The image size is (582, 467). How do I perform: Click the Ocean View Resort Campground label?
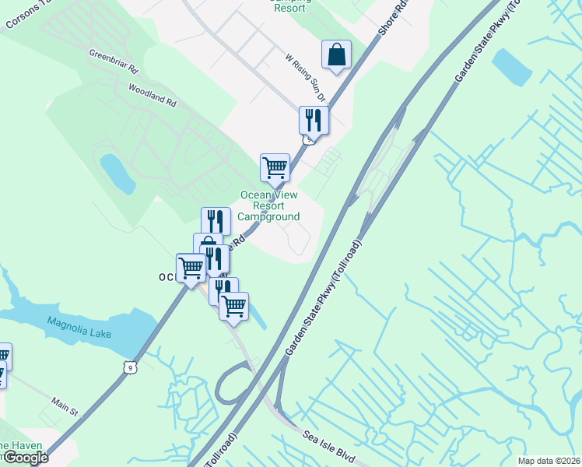coord(268,206)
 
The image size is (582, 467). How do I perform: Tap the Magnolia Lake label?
coord(79,328)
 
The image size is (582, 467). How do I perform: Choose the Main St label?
coord(66,408)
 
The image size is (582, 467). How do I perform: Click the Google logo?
coord(25,458)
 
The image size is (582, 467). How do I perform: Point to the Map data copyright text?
coord(549,461)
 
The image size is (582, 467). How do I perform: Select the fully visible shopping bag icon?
coord(337,56)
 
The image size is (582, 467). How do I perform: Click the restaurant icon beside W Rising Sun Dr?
coord(314,120)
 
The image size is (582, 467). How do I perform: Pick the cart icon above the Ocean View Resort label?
coord(275,167)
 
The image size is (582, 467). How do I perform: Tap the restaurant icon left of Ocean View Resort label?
coord(216,221)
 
